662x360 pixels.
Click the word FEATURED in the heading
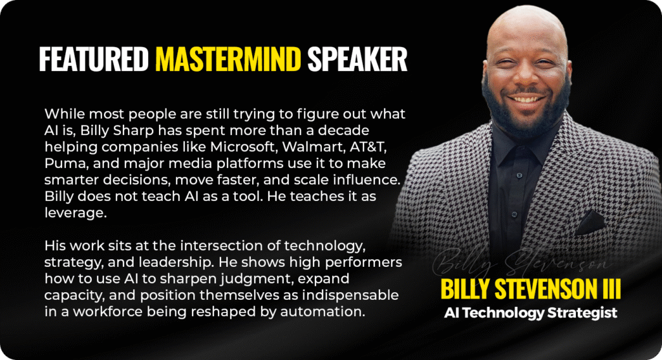click(x=94, y=59)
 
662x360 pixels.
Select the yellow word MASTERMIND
click(x=228, y=59)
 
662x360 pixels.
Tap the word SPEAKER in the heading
click(x=357, y=59)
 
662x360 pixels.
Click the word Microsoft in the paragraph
click(x=242, y=147)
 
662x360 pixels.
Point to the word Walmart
click(x=314, y=147)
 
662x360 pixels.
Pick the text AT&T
click(x=368, y=147)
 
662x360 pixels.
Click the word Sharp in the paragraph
click(x=133, y=131)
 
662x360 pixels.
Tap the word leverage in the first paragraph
click(x=74, y=213)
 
